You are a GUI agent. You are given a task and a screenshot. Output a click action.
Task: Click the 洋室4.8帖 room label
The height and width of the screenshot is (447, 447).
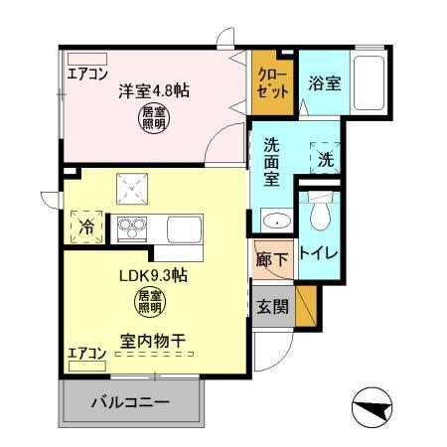[x=155, y=90]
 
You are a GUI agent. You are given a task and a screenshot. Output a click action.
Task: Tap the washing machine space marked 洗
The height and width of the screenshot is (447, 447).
[x=324, y=158]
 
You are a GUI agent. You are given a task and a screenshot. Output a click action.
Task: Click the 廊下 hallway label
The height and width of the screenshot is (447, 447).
[x=271, y=260]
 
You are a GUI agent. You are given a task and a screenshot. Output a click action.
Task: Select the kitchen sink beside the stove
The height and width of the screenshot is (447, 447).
[x=184, y=227]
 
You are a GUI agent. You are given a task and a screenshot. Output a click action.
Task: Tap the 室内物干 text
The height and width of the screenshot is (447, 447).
[x=153, y=340]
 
